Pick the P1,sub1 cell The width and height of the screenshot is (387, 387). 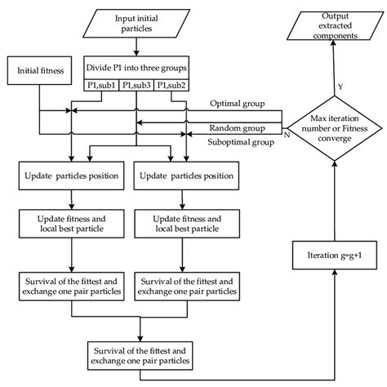(101, 84)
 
